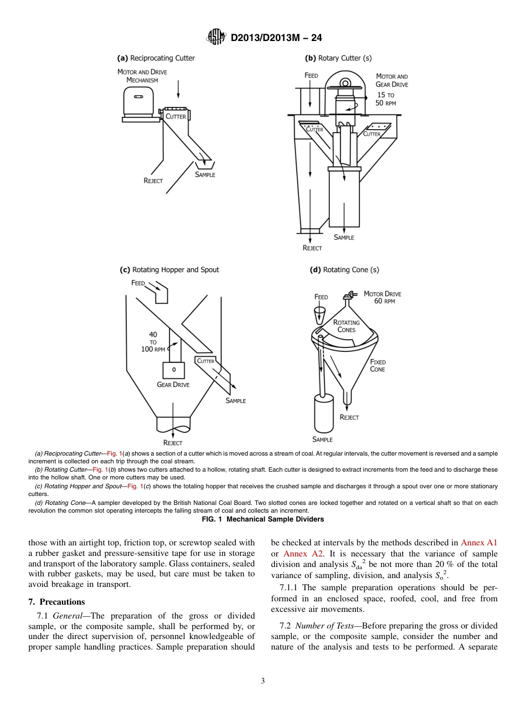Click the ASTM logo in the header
coord(215,38)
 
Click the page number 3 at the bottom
coord(262,681)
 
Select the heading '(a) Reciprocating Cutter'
coord(156,58)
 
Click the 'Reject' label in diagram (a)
coord(153,181)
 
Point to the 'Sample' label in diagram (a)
coord(205,175)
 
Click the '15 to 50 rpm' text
coord(386,99)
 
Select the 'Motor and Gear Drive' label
coord(392,80)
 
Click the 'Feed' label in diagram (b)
coord(311,75)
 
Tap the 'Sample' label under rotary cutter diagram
coord(344,237)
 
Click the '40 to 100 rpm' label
coord(153,342)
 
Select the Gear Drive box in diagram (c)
coord(173,369)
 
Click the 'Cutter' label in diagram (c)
coord(205,361)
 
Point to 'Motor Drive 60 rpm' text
coord(382,297)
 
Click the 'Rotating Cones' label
coord(346,326)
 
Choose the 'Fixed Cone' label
coord(378,365)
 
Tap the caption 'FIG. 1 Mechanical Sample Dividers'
coord(262,519)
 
